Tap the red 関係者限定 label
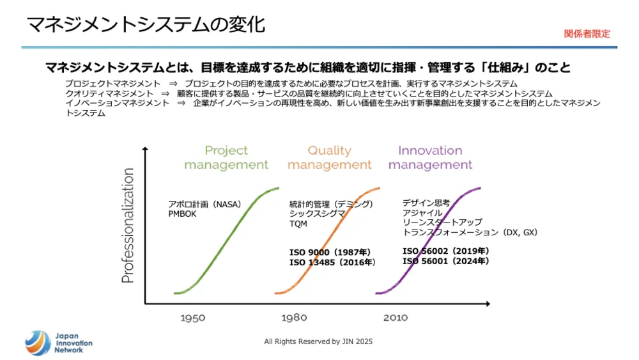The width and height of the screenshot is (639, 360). tap(587, 34)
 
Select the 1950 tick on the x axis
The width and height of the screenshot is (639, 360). tap(192, 317)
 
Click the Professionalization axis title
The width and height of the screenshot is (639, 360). tap(128, 225)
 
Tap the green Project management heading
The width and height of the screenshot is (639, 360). tap(226, 157)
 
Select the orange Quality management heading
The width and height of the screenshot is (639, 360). tap(329, 157)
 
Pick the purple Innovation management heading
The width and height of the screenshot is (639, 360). tap(430, 157)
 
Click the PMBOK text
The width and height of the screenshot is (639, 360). tap(182, 214)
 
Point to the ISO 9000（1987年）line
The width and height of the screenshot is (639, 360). tap(330, 253)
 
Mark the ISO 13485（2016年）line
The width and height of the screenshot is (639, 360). tap(332, 262)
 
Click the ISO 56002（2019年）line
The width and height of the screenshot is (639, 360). tap(445, 251)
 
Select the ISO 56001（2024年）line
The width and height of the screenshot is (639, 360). tap(445, 261)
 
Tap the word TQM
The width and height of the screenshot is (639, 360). tap(298, 224)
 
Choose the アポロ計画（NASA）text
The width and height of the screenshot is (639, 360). tap(204, 205)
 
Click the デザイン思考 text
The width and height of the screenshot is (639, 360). tap(426, 203)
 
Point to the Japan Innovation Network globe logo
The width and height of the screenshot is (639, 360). tap(37, 343)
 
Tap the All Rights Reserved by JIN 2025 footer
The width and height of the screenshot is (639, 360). tap(318, 341)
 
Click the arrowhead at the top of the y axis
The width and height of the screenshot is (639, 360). tap(146, 150)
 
